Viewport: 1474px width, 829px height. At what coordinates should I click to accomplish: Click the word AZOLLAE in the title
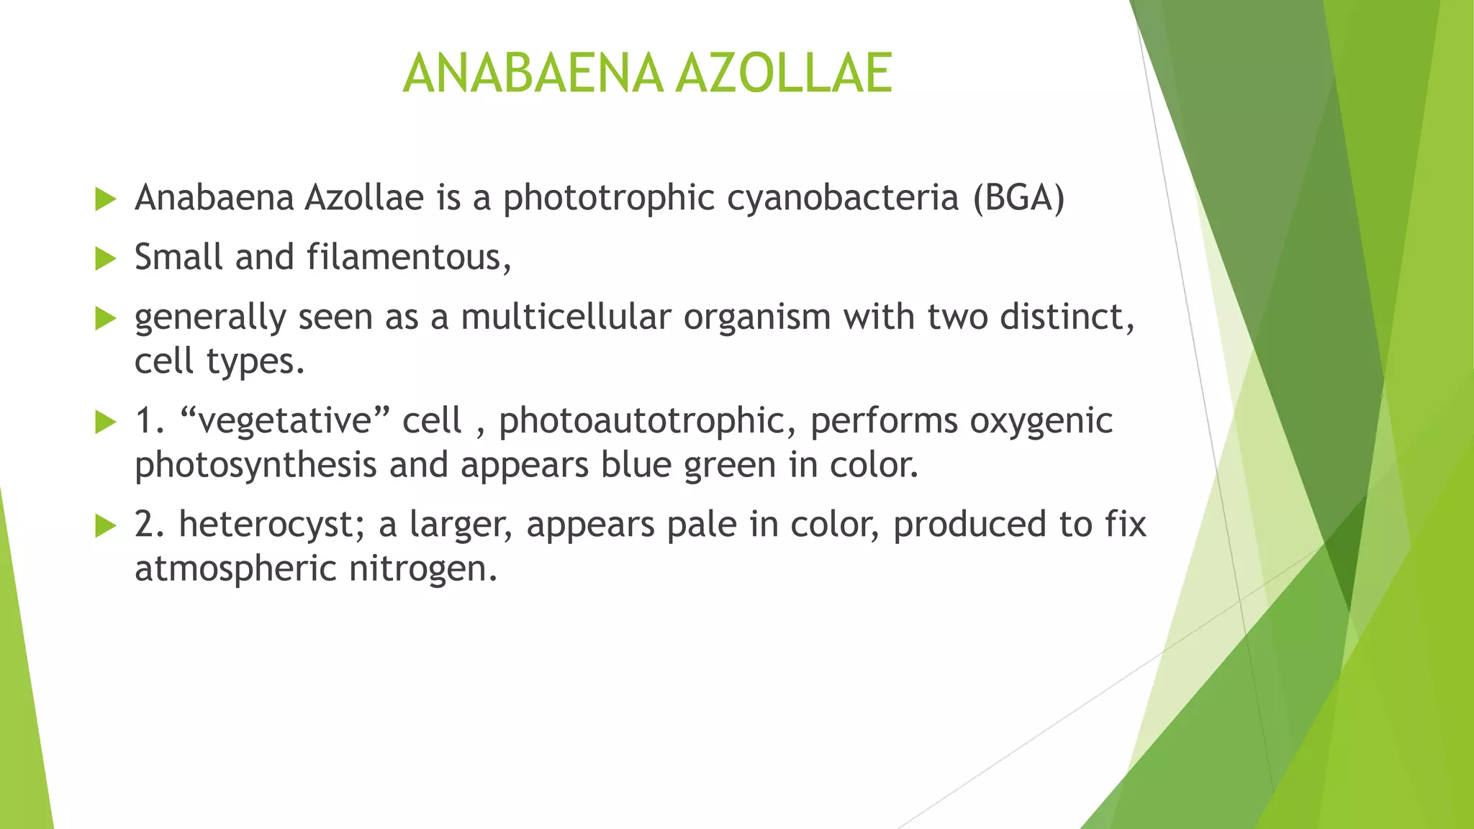pyautogui.click(x=785, y=73)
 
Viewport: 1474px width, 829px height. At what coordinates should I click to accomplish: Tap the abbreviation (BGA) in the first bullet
pyautogui.click(x=1018, y=198)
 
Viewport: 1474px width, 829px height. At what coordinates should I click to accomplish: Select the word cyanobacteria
pyautogui.click(x=843, y=199)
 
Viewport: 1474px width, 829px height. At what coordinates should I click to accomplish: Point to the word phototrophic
pyautogui.click(x=608, y=199)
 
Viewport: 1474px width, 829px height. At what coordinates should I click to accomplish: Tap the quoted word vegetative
pyautogui.click(x=284, y=421)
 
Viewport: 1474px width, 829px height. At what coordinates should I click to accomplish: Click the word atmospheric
pyautogui.click(x=235, y=569)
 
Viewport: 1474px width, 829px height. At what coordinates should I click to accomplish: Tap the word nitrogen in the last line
pyautogui.click(x=422, y=569)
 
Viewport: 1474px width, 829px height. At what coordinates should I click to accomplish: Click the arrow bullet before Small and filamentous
pyautogui.click(x=105, y=258)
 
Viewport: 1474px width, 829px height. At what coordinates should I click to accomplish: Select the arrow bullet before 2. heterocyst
pyautogui.click(x=105, y=526)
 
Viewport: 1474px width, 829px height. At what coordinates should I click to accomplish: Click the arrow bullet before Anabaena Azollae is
pyautogui.click(x=105, y=199)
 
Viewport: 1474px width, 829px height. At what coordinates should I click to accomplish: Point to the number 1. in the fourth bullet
pyautogui.click(x=150, y=421)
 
